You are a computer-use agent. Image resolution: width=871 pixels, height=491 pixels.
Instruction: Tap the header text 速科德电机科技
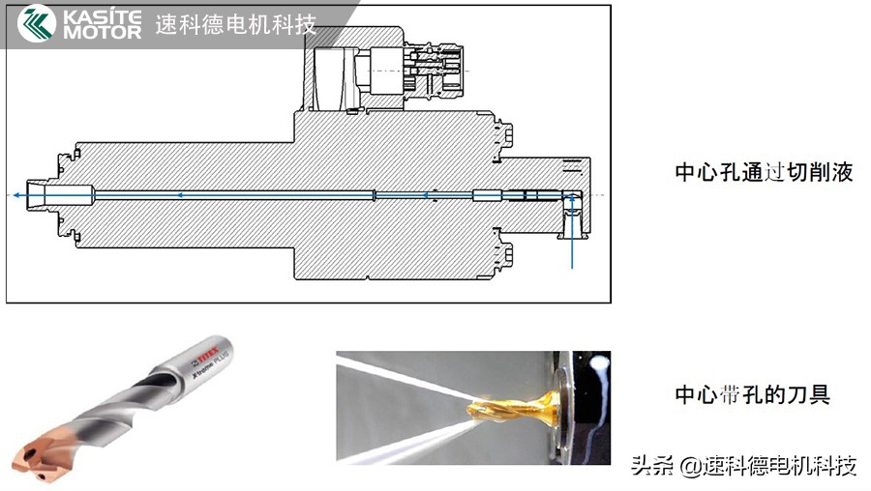coord(236,24)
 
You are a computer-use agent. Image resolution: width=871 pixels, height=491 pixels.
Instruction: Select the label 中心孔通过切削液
coord(764,173)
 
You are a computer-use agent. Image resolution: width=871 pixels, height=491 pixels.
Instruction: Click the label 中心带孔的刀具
coord(752,394)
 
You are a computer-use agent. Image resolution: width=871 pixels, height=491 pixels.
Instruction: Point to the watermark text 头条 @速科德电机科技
coord(743,466)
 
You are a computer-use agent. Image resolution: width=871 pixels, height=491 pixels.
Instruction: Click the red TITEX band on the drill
coord(212,341)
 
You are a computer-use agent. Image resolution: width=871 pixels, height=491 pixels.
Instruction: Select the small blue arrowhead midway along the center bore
coord(178,195)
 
